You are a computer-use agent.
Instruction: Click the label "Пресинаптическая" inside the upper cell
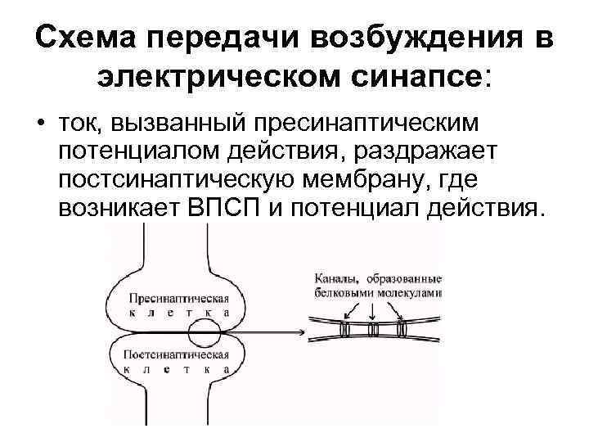(173, 298)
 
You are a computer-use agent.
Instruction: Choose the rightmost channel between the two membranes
(402, 330)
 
